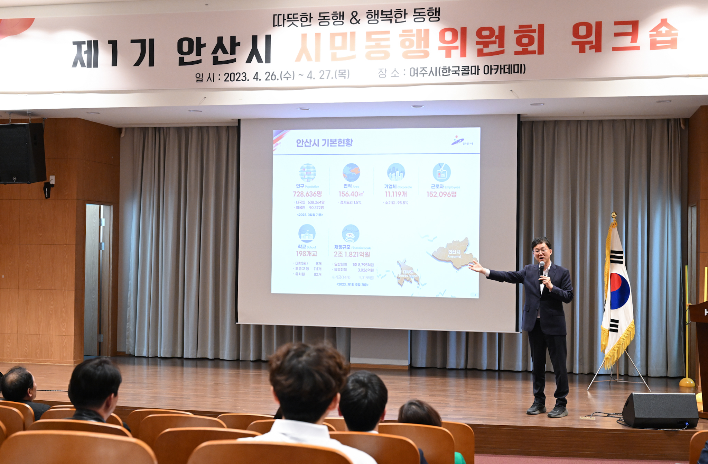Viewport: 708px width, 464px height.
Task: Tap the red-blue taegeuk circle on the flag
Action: coord(619,291)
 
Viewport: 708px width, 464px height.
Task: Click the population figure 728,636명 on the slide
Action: coord(307,194)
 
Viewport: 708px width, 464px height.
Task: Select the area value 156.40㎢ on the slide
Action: coord(351,194)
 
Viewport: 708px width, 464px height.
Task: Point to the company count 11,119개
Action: coord(396,194)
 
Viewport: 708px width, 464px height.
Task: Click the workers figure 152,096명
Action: coord(441,194)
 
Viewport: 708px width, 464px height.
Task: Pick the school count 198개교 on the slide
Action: coord(306,254)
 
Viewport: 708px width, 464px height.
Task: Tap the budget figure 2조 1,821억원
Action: coord(352,254)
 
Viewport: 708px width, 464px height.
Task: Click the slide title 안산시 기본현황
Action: coord(324,143)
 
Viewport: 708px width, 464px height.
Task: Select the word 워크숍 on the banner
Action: coord(624,37)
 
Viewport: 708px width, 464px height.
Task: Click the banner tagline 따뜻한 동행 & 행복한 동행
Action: coord(356,18)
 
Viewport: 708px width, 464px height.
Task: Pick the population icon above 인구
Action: coord(307,172)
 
